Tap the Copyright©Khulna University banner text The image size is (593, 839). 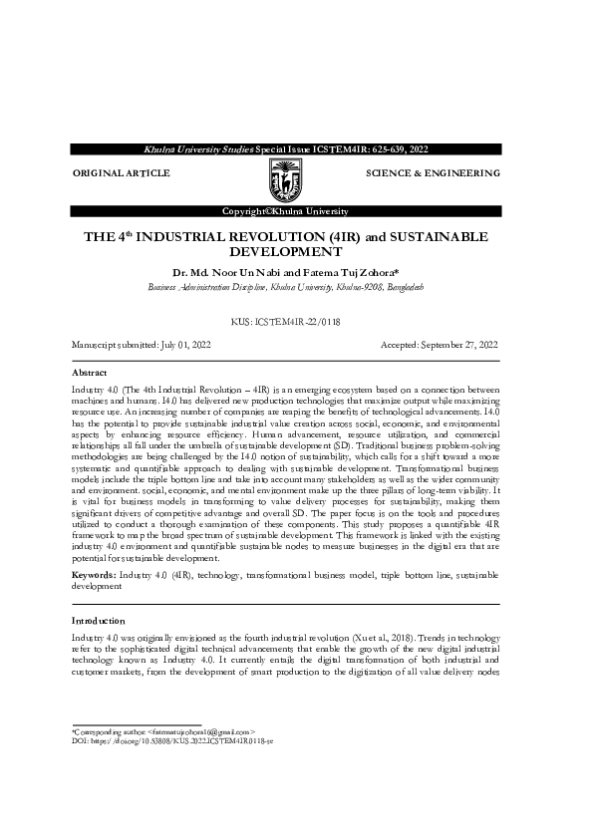[285, 211]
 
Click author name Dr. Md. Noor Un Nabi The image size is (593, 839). [225, 271]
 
